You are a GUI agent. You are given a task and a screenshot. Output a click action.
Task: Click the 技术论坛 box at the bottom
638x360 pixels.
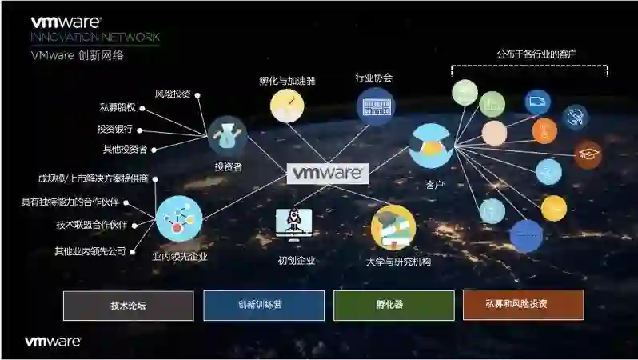(128, 306)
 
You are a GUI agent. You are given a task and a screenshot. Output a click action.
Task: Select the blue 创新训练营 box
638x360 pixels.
(263, 306)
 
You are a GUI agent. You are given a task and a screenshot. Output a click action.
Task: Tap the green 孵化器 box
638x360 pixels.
(389, 306)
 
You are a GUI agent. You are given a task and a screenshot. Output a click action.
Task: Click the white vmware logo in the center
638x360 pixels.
(327, 173)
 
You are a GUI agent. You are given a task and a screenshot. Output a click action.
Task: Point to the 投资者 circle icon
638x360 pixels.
(227, 135)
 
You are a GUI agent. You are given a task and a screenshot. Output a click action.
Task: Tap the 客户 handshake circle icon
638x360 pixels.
(432, 145)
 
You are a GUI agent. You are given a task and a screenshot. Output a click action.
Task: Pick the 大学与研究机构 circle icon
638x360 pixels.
(393, 226)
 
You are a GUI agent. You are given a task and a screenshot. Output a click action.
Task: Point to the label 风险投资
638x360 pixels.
(172, 94)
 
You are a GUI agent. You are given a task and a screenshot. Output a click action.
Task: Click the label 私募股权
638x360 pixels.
(117, 108)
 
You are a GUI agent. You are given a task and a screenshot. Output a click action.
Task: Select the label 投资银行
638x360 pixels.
(115, 129)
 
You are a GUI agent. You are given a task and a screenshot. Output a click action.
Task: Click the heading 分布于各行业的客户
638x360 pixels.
(536, 54)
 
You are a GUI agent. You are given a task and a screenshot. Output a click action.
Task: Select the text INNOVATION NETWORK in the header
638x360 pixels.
(94, 38)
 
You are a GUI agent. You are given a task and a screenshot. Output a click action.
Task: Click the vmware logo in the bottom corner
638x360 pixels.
(53, 342)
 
